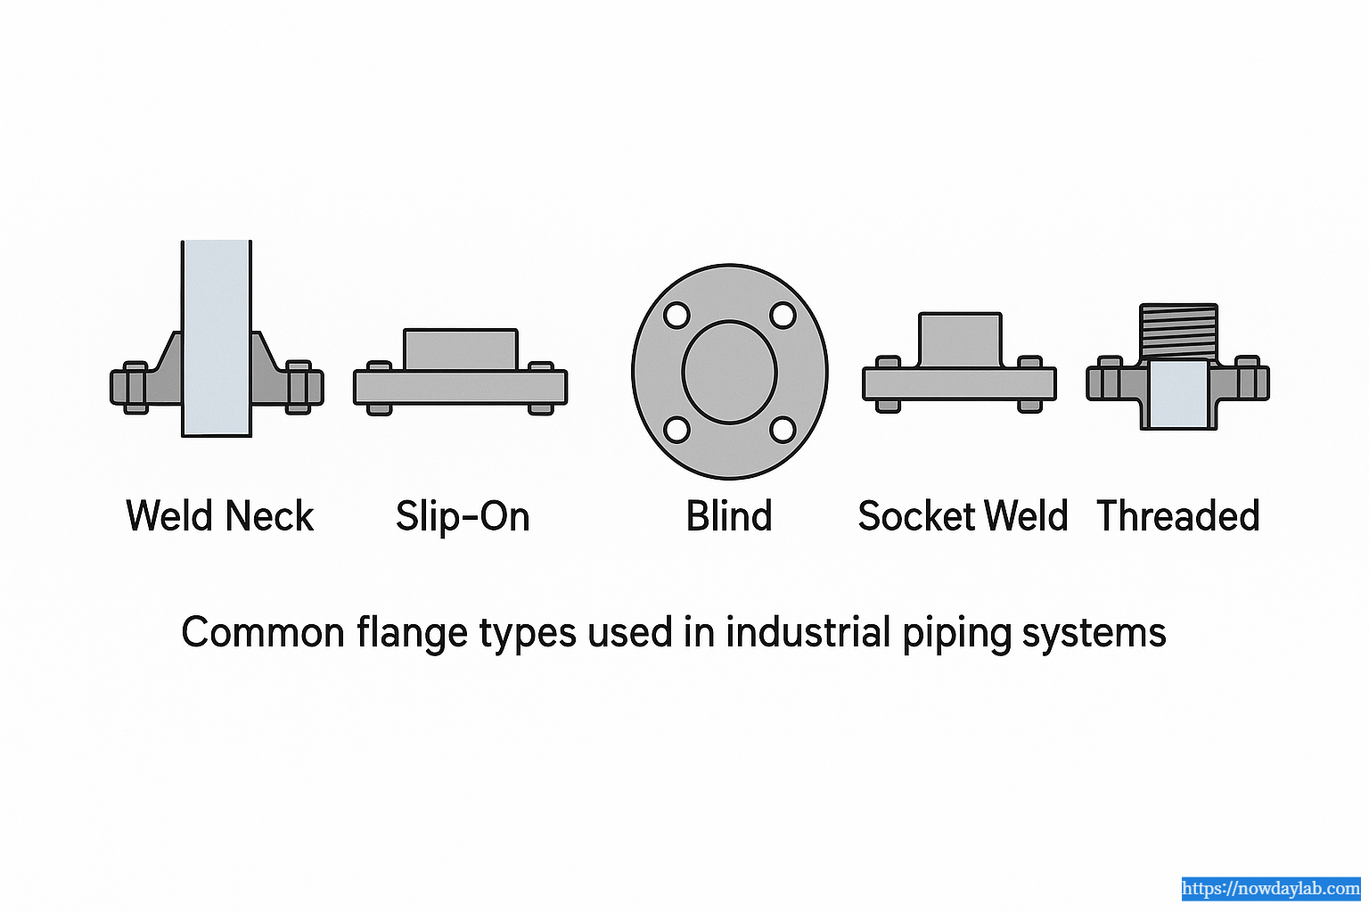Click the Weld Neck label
tap(220, 516)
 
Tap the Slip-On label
tap(463, 516)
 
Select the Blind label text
tap(729, 516)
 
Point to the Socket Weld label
tap(963, 516)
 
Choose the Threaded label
tap(1178, 516)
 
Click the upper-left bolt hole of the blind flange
tap(676, 316)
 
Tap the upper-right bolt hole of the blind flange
tap(783, 316)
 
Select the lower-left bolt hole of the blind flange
tap(676, 430)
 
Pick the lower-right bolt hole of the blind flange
tap(783, 430)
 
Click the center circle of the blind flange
tap(730, 372)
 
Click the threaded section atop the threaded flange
tap(1178, 331)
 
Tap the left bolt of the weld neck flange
tap(135, 387)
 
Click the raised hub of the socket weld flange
tap(960, 339)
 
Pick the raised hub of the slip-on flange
tap(460, 349)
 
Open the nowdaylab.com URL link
tap(1271, 889)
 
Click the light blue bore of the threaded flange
tap(1178, 394)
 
